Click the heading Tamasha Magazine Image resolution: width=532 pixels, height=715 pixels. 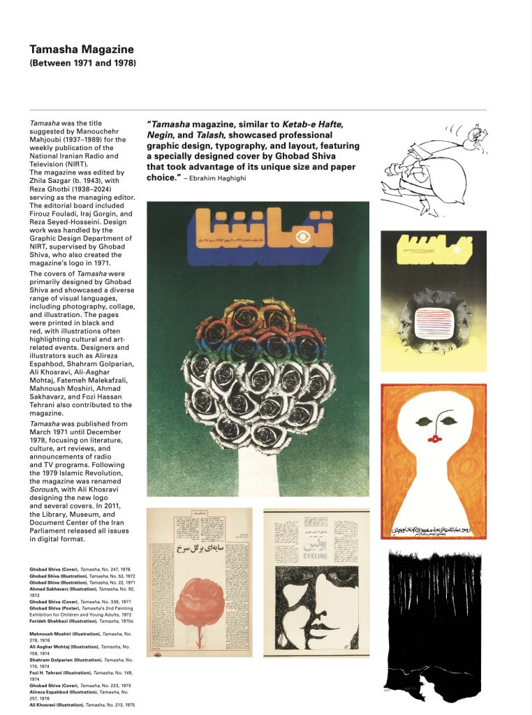(82, 50)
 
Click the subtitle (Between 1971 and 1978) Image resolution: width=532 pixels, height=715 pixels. (82, 64)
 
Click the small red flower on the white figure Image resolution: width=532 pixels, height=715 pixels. (434, 438)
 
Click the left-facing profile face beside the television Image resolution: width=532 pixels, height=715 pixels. (406, 325)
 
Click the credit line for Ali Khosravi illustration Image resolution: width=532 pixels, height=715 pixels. (82, 705)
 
